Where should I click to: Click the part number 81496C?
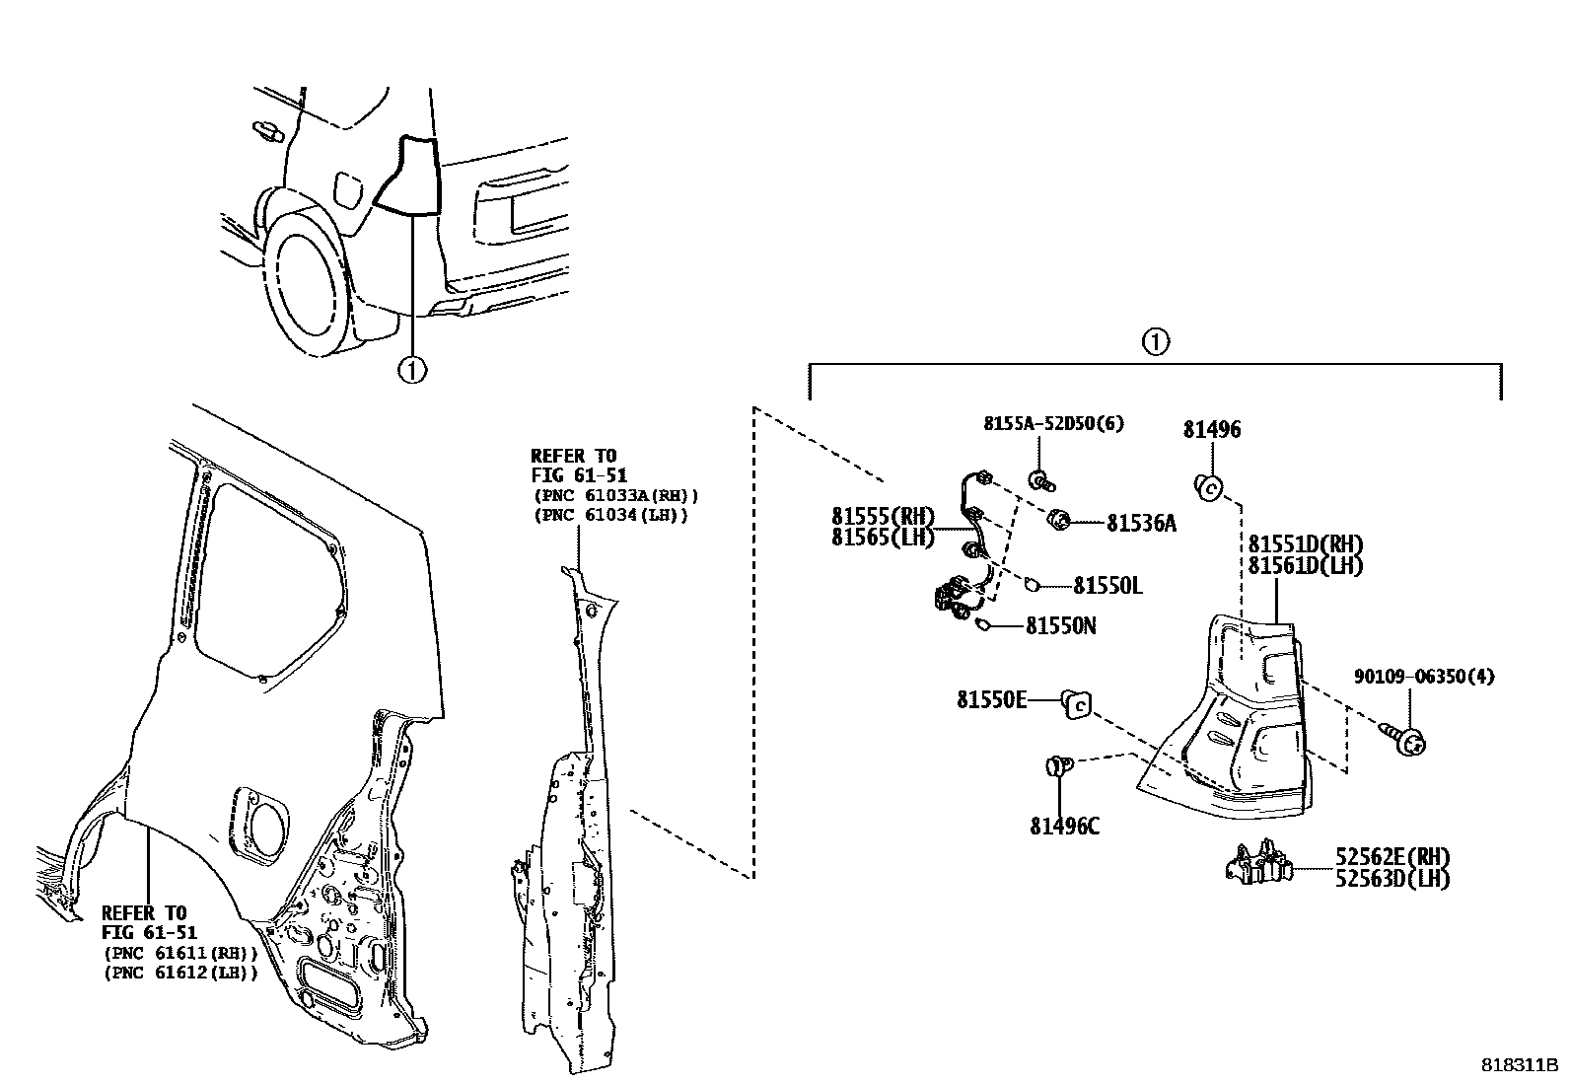pyautogui.click(x=1064, y=827)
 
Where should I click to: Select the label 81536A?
pyautogui.click(x=1141, y=524)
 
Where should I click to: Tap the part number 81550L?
pyautogui.click(x=1107, y=586)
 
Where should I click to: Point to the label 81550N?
pyautogui.click(x=1061, y=625)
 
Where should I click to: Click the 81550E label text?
pyautogui.click(x=991, y=699)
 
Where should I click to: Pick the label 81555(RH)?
pyautogui.click(x=882, y=516)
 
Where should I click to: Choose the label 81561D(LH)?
pyautogui.click(x=1305, y=566)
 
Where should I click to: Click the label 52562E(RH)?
pyautogui.click(x=1392, y=856)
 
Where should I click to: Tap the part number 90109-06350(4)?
pyautogui.click(x=1423, y=677)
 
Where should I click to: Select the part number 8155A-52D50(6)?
pyautogui.click(x=1053, y=424)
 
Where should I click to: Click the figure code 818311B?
pyautogui.click(x=1519, y=1066)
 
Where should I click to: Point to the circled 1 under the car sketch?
pyautogui.click(x=412, y=370)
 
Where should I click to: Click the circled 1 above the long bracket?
pyautogui.click(x=1155, y=342)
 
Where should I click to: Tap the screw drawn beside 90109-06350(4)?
pyautogui.click(x=1407, y=740)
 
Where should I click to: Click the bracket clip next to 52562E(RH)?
pyautogui.click(x=1257, y=862)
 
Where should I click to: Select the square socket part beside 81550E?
pyautogui.click(x=1076, y=704)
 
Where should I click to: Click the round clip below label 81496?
pyautogui.click(x=1209, y=485)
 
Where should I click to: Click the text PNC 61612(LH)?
pyautogui.click(x=179, y=973)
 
